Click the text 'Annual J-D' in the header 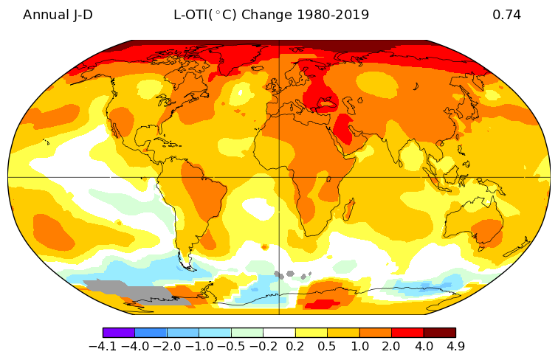coord(58,15)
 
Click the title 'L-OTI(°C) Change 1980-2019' coord(271,15)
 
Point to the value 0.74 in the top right coord(506,15)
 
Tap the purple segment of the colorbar coord(118,333)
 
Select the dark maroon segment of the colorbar coord(439,333)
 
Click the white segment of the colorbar coord(279,333)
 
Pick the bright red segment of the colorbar coord(407,333)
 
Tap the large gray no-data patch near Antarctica coord(118,289)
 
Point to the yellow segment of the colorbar coord(311,333)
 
